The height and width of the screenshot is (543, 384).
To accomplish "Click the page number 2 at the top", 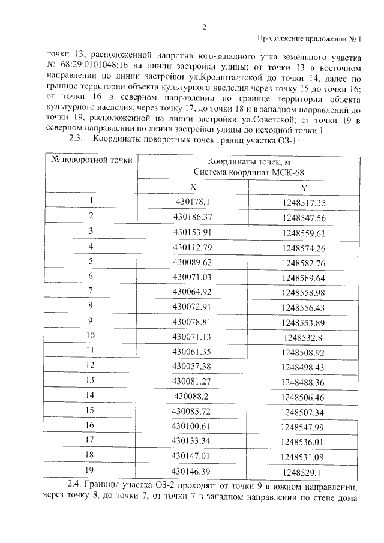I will [x=204, y=26].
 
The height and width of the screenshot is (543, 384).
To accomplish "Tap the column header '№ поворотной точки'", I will [x=92, y=161].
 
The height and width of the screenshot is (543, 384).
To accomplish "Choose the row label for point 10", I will [x=91, y=335].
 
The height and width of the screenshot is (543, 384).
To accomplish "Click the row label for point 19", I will [x=91, y=470].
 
